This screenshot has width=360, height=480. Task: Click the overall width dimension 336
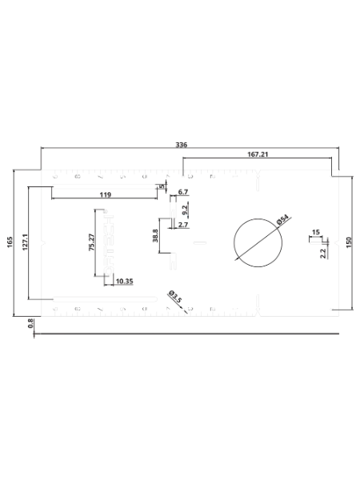pos(182,145)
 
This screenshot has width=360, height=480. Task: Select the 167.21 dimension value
pos(258,154)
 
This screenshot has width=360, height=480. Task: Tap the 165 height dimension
pos(10,242)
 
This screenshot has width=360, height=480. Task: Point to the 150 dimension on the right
pos(350,242)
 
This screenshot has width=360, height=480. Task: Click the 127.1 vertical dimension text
pos(26,242)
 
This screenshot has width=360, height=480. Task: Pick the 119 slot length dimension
pos(106,194)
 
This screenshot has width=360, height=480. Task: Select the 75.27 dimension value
pos(91,242)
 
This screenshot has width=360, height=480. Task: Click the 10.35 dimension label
pos(125,281)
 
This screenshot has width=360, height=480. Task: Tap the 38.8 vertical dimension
pos(155,236)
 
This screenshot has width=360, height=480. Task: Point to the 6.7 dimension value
pos(183,192)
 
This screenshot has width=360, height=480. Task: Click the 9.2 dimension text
pos(185,210)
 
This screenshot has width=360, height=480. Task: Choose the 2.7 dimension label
pos(183,225)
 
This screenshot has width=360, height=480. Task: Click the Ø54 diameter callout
pos(282,219)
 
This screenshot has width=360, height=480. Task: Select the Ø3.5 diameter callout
pos(175,296)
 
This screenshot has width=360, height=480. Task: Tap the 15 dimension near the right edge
pos(316,232)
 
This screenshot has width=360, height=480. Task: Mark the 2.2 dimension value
pos(323,254)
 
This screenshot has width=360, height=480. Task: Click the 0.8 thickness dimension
pos(30,323)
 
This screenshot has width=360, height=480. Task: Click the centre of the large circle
pos(258,242)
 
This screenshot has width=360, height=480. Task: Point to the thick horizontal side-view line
pos(186,334)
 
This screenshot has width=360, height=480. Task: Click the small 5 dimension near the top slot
pos(162,186)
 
